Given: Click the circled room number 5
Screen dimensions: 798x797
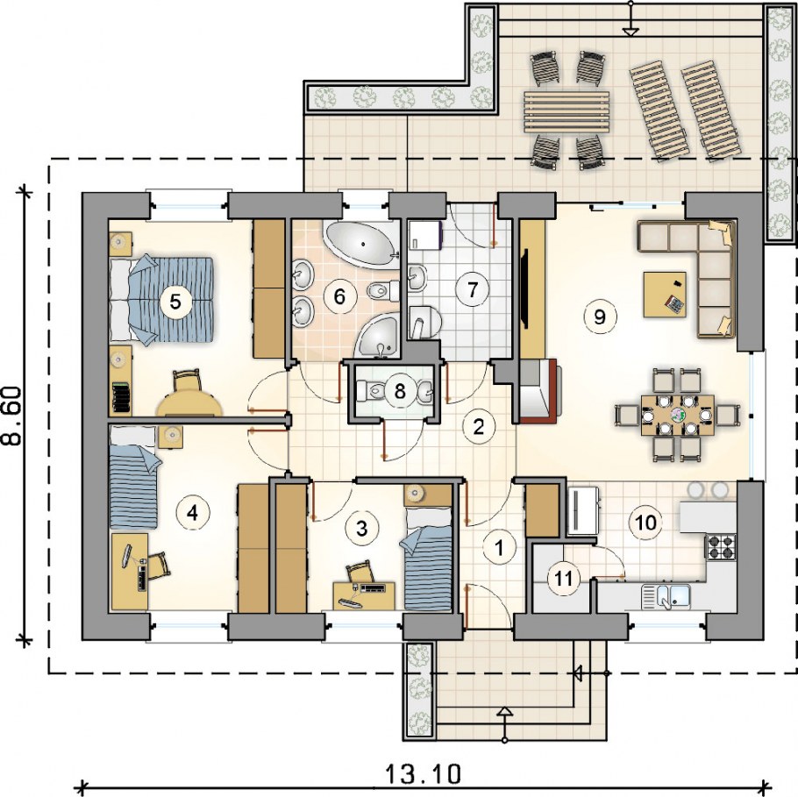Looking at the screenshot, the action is click(175, 302).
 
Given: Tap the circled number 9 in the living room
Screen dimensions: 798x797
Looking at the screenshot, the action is click(600, 317).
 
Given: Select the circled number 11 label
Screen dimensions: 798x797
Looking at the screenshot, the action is click(563, 579).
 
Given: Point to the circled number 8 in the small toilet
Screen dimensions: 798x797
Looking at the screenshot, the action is click(400, 391).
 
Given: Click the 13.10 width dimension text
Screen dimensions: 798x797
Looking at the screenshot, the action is click(423, 774).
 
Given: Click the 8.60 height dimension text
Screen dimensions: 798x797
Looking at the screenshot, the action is click(13, 416).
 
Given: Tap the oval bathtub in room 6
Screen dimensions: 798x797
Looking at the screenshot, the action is click(362, 245).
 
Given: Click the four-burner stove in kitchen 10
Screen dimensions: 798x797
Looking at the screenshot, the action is click(721, 547).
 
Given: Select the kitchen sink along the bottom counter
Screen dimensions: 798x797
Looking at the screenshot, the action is click(666, 596).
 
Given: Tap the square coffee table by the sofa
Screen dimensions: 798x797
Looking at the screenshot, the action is click(665, 295).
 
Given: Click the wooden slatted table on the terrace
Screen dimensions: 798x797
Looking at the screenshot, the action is click(566, 112).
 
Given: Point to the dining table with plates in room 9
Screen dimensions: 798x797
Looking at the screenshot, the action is click(677, 416).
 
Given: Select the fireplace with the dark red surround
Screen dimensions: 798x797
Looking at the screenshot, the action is click(538, 391).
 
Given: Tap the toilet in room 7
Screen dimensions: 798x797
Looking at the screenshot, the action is click(424, 323).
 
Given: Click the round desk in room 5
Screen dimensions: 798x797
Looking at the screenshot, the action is click(189, 404).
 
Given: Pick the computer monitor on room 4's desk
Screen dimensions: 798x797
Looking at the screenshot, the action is click(126, 556).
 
